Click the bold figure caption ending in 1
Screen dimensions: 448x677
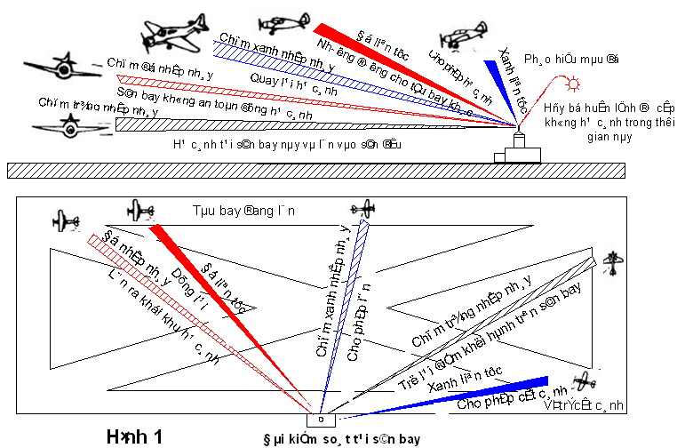(x=134, y=436)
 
